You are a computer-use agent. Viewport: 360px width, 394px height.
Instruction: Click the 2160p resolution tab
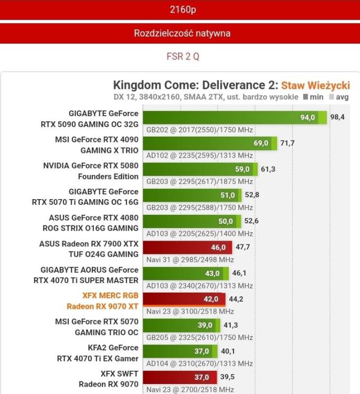tap(180, 9)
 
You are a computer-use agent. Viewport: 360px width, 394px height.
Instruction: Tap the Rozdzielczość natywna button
tap(180, 33)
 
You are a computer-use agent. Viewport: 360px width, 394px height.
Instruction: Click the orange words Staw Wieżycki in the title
tap(315, 85)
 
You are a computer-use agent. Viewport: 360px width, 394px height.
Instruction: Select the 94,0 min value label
tap(308, 118)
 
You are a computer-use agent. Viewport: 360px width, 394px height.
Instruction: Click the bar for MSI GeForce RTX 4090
tap(210, 143)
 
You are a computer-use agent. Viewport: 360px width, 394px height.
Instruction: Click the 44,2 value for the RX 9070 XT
tap(236, 299)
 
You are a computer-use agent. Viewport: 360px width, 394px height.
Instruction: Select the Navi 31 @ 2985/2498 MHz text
tap(194, 260)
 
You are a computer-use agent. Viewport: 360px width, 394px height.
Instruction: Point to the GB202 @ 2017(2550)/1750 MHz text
tap(199, 130)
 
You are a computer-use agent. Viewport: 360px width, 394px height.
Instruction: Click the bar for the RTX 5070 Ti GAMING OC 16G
tap(192, 195)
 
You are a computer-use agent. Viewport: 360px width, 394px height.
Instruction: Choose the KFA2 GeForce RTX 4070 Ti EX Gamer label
tap(98, 353)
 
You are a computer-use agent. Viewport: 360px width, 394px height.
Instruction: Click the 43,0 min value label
tap(213, 274)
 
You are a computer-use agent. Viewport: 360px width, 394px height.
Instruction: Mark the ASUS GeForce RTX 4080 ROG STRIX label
tap(93, 223)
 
